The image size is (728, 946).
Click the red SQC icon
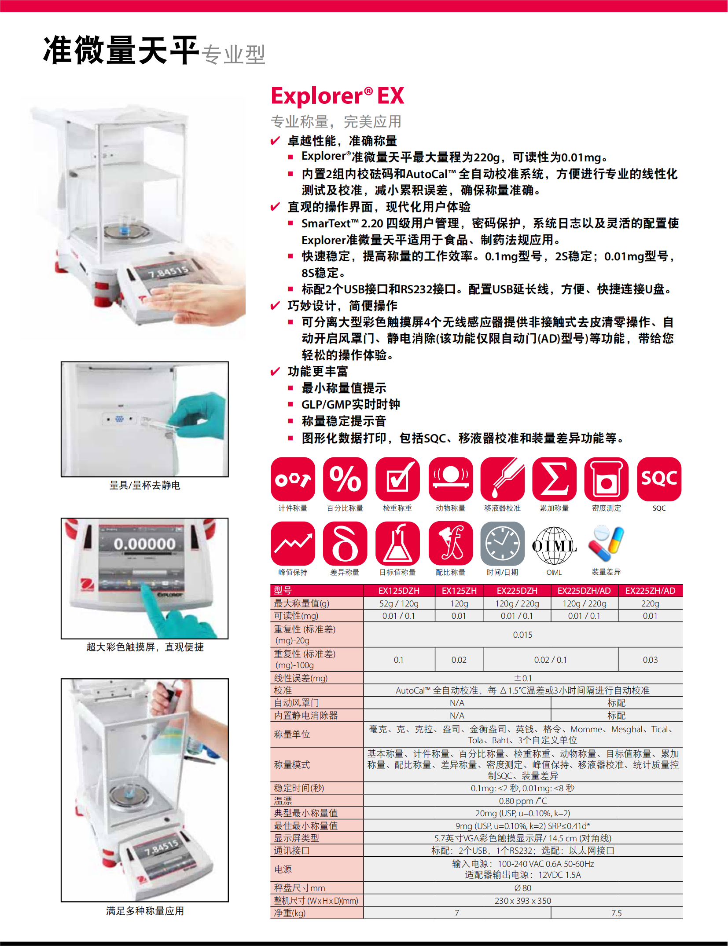coord(659,479)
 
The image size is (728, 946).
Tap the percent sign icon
coord(345,479)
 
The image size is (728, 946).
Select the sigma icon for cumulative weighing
coord(554,479)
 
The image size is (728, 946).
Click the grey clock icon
coord(502,544)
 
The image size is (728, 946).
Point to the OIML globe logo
coord(554,545)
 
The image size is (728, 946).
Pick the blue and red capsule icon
coord(606,544)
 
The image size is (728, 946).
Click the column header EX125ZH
coord(459,591)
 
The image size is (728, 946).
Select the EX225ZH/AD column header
coord(650,591)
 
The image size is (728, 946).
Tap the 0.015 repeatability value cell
coord(522,635)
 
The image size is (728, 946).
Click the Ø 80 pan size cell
coord(522,888)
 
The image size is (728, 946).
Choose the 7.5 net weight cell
coord(616,913)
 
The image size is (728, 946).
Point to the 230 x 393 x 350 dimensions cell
coord(522,901)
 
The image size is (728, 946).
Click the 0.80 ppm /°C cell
coord(522,801)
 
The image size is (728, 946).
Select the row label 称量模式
coord(292,764)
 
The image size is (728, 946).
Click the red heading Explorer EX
coord(337,96)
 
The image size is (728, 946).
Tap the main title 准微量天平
coord(121,50)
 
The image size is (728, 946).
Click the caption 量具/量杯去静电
coord(145,485)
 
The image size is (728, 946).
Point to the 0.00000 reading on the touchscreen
coord(145,544)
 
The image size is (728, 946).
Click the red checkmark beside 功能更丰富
coord(275,372)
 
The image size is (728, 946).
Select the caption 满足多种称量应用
coord(145,911)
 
